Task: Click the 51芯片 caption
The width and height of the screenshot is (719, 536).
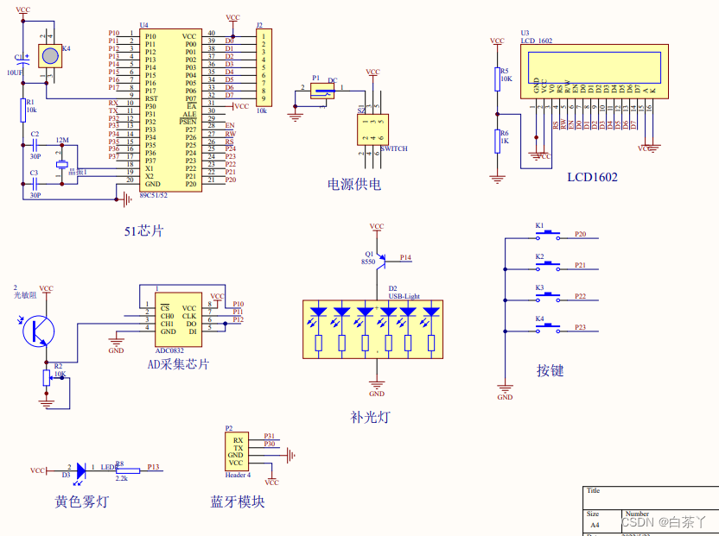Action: pyautogui.click(x=143, y=230)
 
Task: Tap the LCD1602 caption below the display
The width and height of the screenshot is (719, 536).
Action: pyautogui.click(x=592, y=177)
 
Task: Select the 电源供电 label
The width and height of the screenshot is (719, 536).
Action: pyautogui.click(x=353, y=184)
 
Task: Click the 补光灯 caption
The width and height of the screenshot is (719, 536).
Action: pyautogui.click(x=370, y=417)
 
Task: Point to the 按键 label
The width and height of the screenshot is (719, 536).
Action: pyautogui.click(x=550, y=370)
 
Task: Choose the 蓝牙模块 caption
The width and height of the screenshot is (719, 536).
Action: pyautogui.click(x=237, y=501)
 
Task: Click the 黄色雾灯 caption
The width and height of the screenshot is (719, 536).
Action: pyautogui.click(x=82, y=501)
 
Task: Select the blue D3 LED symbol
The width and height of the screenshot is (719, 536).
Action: pyautogui.click(x=82, y=470)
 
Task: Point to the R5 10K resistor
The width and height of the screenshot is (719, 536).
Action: pyautogui.click(x=497, y=79)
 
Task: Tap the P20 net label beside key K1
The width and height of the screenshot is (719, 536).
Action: pyautogui.click(x=581, y=234)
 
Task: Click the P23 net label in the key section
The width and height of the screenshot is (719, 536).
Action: pyautogui.click(x=581, y=327)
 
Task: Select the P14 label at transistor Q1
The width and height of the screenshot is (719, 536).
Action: pyautogui.click(x=405, y=257)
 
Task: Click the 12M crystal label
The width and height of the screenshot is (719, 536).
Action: pyautogui.click(x=61, y=139)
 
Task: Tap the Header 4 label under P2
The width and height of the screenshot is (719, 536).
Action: pyautogui.click(x=238, y=474)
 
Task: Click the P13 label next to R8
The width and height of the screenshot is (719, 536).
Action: pyautogui.click(x=153, y=466)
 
